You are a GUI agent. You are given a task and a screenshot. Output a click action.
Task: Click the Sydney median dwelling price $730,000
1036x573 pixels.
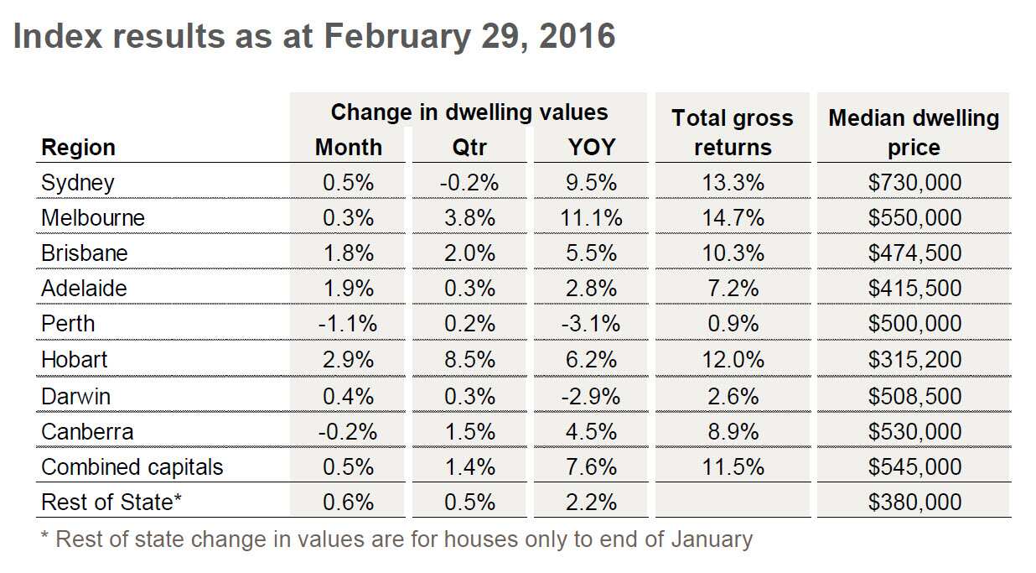914,183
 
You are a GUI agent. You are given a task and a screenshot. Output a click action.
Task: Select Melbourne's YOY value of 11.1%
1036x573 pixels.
591,218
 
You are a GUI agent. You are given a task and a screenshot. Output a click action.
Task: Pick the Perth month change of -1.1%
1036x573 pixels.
349,324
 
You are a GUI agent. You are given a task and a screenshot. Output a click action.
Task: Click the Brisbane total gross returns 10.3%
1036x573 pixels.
733,253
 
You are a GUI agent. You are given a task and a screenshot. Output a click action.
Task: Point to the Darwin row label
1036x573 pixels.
75,396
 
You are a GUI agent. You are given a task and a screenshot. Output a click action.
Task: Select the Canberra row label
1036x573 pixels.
87,431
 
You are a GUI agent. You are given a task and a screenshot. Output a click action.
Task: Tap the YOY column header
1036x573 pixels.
591,148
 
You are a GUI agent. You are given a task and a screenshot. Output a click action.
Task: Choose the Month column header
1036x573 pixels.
349,148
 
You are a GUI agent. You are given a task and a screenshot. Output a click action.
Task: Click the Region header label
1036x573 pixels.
78,148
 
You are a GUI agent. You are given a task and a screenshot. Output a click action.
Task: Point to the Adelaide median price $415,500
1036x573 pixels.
914,289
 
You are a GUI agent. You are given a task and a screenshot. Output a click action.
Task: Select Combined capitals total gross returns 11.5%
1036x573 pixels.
733,466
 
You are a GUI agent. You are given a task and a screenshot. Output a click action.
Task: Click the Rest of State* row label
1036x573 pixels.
111,502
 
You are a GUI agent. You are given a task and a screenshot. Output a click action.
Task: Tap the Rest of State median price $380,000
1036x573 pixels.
914,502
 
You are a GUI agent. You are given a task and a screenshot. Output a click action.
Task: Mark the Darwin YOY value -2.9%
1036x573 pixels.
591,396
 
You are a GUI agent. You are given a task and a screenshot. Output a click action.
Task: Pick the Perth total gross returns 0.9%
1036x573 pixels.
733,324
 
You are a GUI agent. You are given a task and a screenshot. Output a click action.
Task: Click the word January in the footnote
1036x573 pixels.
712,538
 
